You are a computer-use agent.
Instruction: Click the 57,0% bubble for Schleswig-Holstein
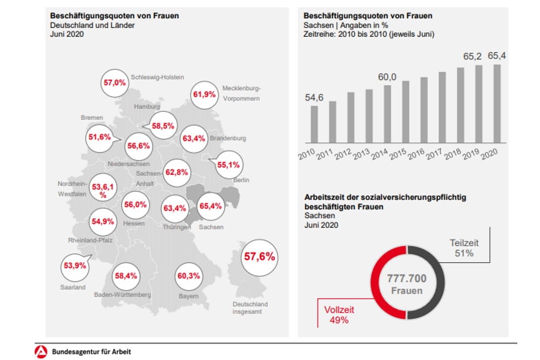pyautogui.click(x=114, y=83)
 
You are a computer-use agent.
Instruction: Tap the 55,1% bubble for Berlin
pyautogui.click(x=228, y=165)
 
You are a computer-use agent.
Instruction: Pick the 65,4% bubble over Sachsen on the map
pyautogui.click(x=211, y=206)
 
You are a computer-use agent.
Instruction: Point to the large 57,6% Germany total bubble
pyautogui.click(x=260, y=256)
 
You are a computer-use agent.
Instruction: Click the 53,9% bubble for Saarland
pyautogui.click(x=75, y=266)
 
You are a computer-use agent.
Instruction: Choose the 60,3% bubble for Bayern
pyautogui.click(x=188, y=276)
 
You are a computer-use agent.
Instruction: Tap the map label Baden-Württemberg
pyautogui.click(x=122, y=295)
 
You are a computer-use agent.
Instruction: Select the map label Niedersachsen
pyautogui.click(x=129, y=164)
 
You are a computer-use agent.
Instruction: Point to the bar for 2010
pyautogui.click(x=314, y=125)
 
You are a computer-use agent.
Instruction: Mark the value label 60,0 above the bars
pyautogui.click(x=387, y=77)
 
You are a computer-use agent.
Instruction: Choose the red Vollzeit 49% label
pyautogui.click(x=339, y=315)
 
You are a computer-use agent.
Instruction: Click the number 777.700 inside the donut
pyautogui.click(x=407, y=279)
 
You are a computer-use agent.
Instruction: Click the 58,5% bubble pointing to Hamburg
pyautogui.click(x=163, y=125)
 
